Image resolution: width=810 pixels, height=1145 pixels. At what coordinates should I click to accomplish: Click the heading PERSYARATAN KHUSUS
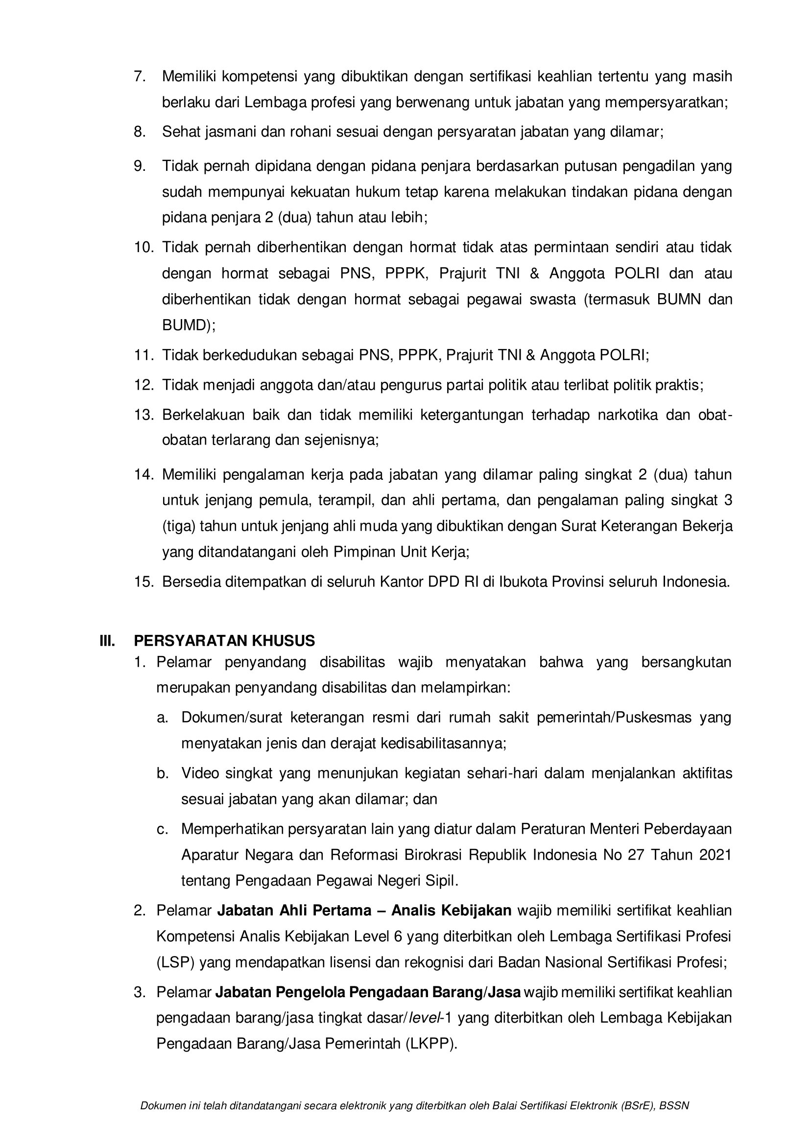tap(224, 641)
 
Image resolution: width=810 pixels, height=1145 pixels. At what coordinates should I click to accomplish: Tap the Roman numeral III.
tap(107, 641)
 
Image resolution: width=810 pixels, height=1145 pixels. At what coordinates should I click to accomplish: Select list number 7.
tap(139, 76)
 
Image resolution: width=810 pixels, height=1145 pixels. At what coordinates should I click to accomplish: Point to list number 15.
tap(143, 582)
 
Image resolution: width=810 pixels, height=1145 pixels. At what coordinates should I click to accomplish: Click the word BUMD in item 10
tap(184, 325)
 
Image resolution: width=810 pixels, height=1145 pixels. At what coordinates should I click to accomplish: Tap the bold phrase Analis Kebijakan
tap(452, 911)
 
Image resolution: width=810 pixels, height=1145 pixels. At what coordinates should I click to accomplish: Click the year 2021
tap(715, 855)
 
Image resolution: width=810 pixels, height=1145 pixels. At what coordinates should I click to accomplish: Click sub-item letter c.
tap(162, 829)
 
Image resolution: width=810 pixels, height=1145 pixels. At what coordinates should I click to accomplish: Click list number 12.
tap(143, 385)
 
